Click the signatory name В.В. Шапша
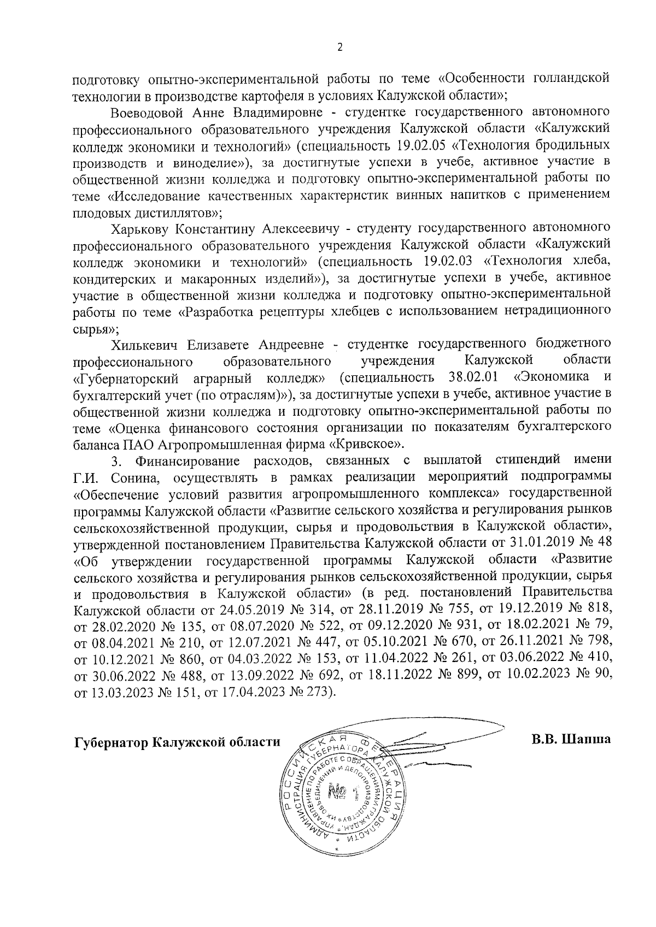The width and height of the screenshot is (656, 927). pyautogui.click(x=571, y=741)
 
